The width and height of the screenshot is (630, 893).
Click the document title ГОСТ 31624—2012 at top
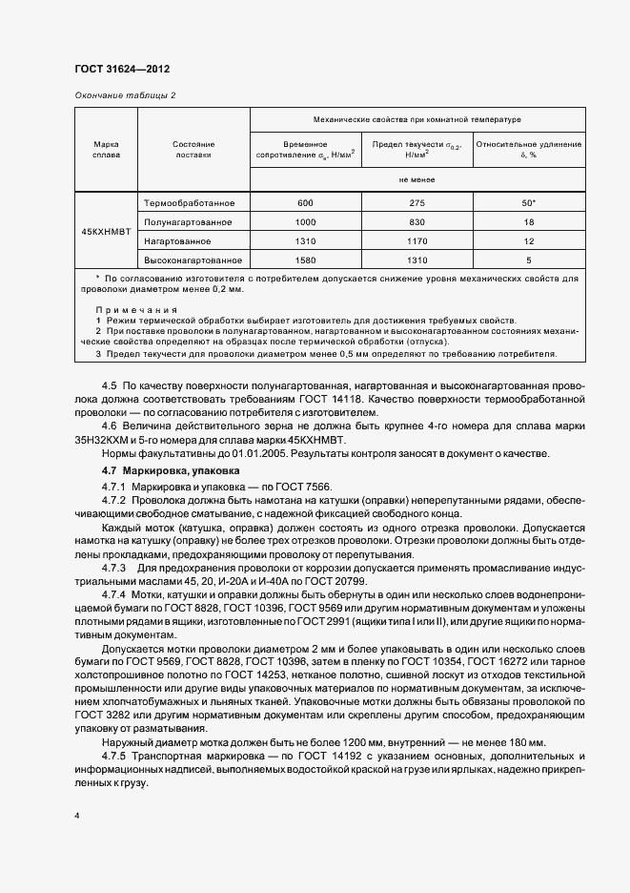coord(122,71)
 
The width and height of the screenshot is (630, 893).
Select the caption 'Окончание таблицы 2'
coord(125,94)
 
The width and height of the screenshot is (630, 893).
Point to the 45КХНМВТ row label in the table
coord(106,231)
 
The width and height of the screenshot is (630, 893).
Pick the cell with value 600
coord(305,203)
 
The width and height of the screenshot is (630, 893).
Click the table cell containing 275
coord(417,203)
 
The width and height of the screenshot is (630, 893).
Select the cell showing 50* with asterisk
coord(528,203)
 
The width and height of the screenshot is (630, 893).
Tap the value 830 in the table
coord(417,222)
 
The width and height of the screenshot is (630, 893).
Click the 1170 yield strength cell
coord(417,240)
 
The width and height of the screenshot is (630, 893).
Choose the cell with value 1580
coord(305,260)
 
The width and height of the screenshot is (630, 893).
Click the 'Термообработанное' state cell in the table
coord(189,203)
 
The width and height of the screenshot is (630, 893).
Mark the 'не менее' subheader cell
coord(417,178)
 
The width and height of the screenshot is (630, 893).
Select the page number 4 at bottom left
coord(77,817)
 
